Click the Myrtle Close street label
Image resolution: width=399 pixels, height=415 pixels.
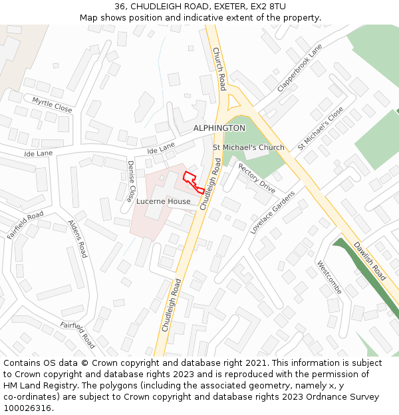52,104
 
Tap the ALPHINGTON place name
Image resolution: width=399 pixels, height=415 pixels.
219,127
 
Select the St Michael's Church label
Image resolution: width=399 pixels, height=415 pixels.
248,147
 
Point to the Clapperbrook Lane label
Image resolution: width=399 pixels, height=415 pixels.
300,68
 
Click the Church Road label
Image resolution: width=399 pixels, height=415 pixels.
219,69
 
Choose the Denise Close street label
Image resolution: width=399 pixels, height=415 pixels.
131,181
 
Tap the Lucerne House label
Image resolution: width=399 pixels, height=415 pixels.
164,201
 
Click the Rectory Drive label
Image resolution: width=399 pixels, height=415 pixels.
257,178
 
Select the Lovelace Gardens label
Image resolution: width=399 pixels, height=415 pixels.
272,212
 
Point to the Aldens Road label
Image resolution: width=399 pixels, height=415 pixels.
78,239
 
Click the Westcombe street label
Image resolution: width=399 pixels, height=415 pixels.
329,277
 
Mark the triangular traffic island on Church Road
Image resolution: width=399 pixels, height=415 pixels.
233,102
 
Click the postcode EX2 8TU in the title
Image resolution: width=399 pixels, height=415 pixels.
267,7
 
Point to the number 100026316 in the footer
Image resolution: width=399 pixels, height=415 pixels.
26,408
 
